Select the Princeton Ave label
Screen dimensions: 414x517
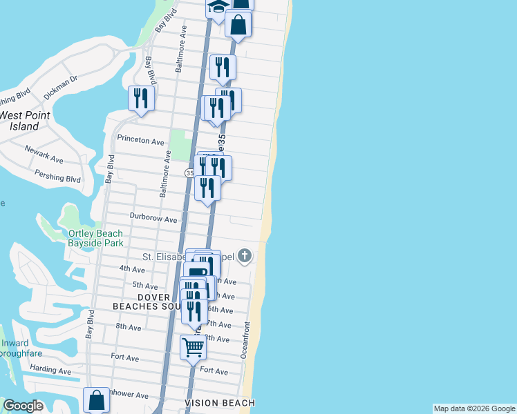click(140, 141)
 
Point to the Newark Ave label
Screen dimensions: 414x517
click(44, 154)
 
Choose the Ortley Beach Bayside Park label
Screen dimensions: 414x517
click(95, 238)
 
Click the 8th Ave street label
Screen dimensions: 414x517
click(129, 326)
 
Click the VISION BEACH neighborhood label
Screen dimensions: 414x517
click(220, 403)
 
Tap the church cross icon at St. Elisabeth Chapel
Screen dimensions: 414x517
click(243, 257)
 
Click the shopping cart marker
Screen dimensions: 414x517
click(193, 346)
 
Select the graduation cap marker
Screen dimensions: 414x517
click(218, 8)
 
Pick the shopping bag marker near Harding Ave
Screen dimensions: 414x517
click(96, 400)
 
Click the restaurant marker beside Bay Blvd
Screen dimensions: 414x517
click(141, 97)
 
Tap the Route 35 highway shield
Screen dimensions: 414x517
click(189, 172)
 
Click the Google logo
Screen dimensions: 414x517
click(23, 406)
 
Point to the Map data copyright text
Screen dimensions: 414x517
click(474, 408)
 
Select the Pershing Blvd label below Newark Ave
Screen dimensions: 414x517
click(57, 177)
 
